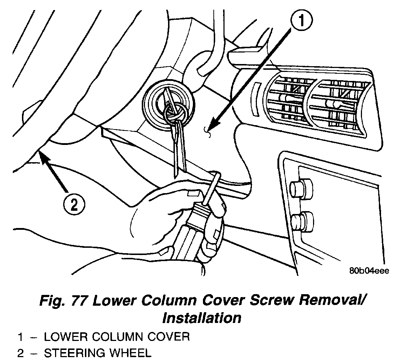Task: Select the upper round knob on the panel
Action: pyautogui.click(x=300, y=187)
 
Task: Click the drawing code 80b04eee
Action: pyautogui.click(x=368, y=271)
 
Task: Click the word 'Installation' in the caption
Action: pyautogui.click(x=201, y=318)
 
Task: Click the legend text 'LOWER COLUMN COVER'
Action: pyautogui.click(x=117, y=337)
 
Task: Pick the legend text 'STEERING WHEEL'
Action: pyautogui.click(x=97, y=353)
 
